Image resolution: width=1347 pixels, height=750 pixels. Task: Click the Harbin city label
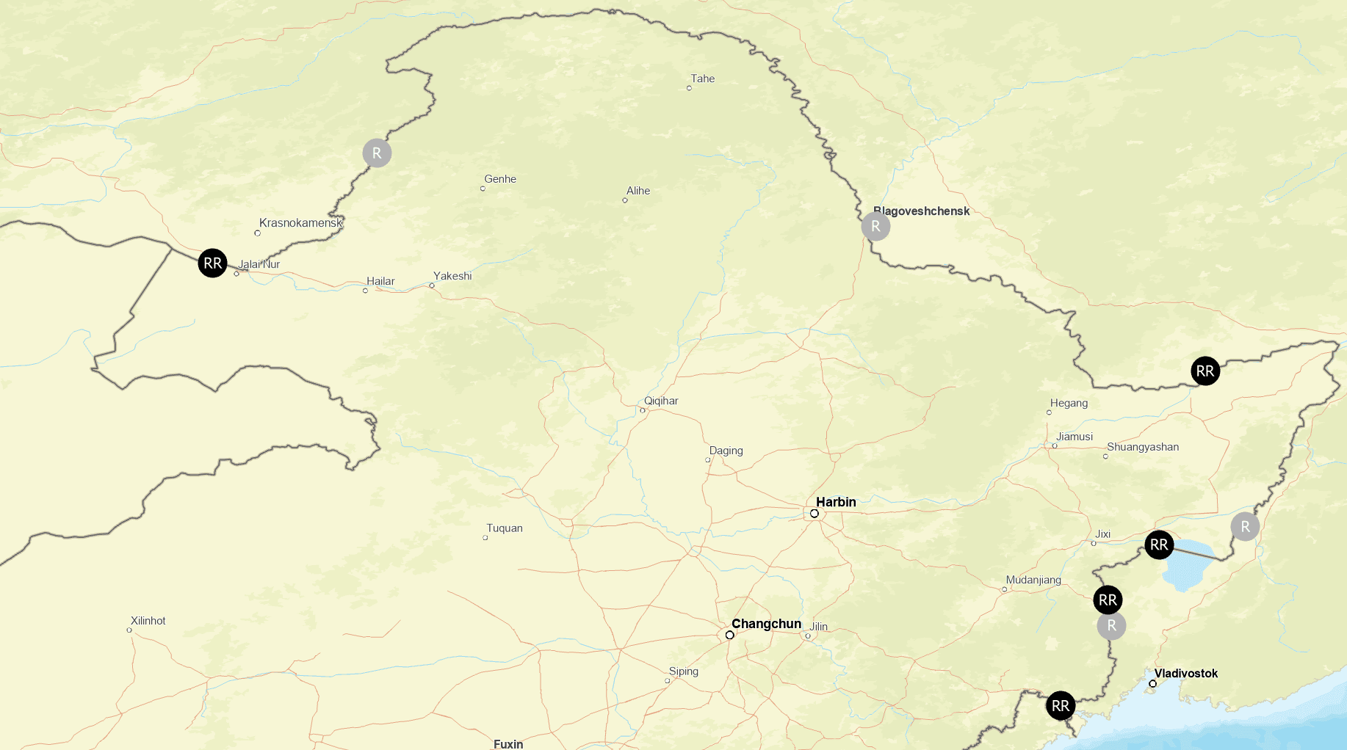click(x=836, y=502)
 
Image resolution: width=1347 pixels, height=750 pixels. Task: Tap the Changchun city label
click(x=766, y=624)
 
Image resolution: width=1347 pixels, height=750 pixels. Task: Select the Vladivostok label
click(x=1185, y=673)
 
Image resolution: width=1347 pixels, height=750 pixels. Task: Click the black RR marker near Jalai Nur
click(x=212, y=263)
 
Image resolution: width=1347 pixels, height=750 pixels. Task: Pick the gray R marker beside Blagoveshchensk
click(x=875, y=226)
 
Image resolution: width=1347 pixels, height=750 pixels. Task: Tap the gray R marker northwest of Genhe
click(x=377, y=153)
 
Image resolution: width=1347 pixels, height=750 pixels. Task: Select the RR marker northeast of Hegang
click(x=1205, y=371)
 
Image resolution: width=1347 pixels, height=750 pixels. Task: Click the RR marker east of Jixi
click(x=1159, y=545)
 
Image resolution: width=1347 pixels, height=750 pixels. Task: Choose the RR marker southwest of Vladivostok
click(x=1061, y=706)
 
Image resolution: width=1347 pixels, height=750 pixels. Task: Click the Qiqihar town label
click(x=661, y=401)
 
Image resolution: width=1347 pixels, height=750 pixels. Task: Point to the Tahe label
click(x=702, y=79)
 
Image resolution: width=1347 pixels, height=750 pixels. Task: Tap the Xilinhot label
click(x=148, y=621)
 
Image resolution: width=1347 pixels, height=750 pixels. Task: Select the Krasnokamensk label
click(x=300, y=222)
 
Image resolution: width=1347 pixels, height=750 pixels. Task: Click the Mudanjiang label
click(x=1033, y=580)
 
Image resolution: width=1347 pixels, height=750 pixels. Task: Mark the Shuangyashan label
click(x=1143, y=447)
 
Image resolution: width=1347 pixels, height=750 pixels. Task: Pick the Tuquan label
click(x=505, y=528)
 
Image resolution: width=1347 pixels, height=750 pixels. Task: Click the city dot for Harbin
click(x=815, y=514)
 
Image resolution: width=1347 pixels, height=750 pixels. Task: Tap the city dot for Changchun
click(x=729, y=636)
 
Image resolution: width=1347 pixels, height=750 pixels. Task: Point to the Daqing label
click(x=726, y=451)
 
